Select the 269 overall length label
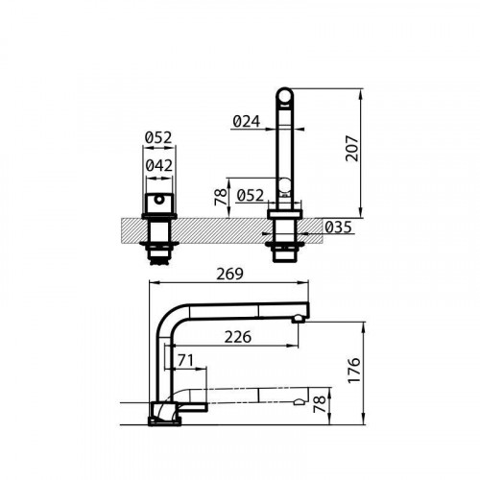[229, 273]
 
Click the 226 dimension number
[239, 337]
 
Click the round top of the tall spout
[284, 95]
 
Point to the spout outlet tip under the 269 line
[301, 318]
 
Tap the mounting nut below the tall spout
[284, 248]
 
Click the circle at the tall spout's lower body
[284, 185]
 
